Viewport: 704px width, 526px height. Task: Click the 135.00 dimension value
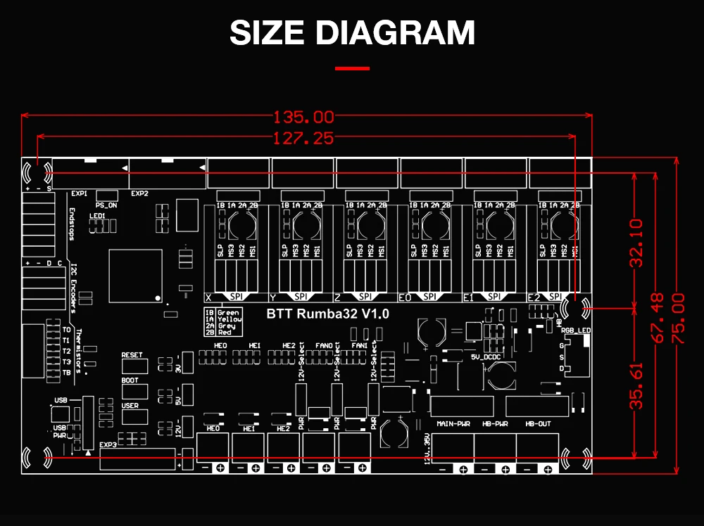(x=303, y=117)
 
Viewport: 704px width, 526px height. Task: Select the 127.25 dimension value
(x=303, y=139)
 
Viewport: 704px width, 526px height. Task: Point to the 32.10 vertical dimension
(x=636, y=243)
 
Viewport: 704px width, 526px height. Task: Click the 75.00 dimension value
(x=678, y=318)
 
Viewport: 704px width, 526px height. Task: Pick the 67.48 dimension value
(x=658, y=318)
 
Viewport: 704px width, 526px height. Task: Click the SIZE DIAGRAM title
(x=352, y=33)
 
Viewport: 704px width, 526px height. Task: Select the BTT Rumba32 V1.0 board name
(x=328, y=314)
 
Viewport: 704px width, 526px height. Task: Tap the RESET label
(x=132, y=355)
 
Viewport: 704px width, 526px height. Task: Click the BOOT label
(x=130, y=380)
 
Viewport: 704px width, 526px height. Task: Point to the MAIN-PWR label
(x=453, y=424)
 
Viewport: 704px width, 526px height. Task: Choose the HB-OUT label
(x=539, y=424)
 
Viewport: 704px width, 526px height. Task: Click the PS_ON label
(x=105, y=205)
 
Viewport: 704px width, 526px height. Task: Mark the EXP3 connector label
(x=108, y=444)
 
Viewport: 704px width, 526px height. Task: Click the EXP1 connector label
(x=79, y=193)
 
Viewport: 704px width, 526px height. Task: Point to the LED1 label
(x=97, y=216)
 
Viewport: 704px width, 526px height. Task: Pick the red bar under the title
(x=352, y=68)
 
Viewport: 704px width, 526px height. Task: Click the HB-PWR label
(x=495, y=424)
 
